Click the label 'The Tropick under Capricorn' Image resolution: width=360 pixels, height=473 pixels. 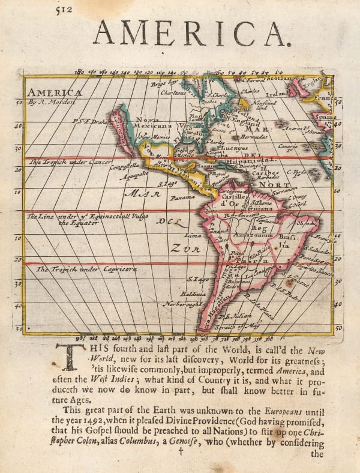pyautogui.click(x=86, y=270)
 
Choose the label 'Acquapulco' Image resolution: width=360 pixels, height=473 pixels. pyautogui.click(x=136, y=176)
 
